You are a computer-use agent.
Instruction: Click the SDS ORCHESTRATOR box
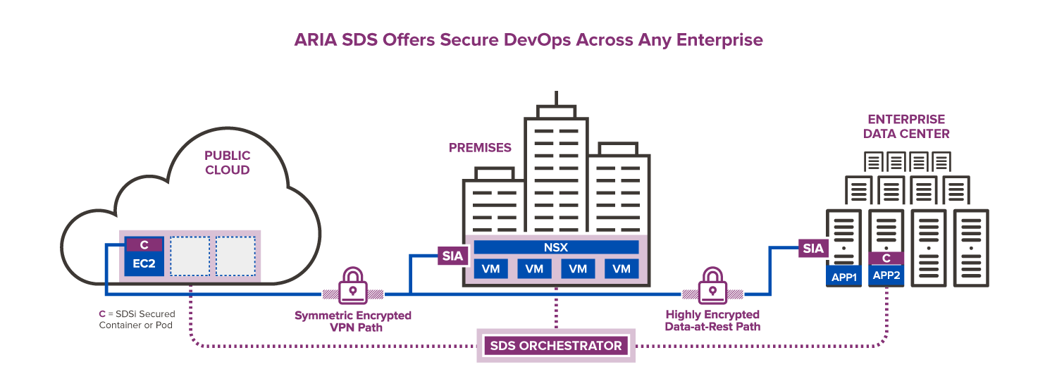555,346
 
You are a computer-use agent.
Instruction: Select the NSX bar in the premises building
556,247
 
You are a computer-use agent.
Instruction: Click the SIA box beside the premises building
452,256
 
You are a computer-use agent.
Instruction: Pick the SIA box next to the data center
813,248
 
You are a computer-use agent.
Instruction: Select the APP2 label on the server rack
886,275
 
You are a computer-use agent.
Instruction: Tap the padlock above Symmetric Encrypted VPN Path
352,285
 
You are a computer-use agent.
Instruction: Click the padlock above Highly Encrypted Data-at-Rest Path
713,285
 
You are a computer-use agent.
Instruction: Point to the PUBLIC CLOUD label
227,163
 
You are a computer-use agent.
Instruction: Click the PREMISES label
480,148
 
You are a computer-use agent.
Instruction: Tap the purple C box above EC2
144,245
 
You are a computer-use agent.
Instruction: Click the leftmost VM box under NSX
491,268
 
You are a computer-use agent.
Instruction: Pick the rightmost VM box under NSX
621,268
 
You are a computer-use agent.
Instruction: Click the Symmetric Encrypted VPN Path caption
353,320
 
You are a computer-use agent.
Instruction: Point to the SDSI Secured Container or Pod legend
137,319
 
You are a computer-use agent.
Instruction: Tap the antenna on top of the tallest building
556,99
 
